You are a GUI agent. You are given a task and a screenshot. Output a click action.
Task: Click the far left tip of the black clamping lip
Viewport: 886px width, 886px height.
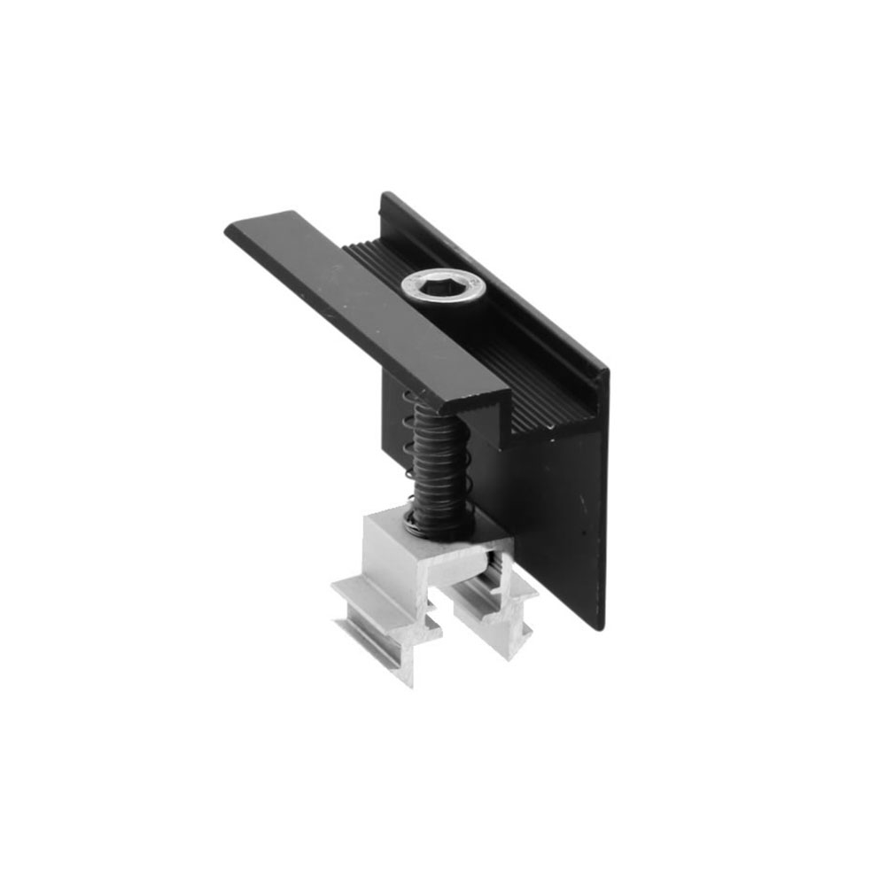232,228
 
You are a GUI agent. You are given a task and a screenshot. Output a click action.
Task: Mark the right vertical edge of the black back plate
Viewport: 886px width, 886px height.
605,496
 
